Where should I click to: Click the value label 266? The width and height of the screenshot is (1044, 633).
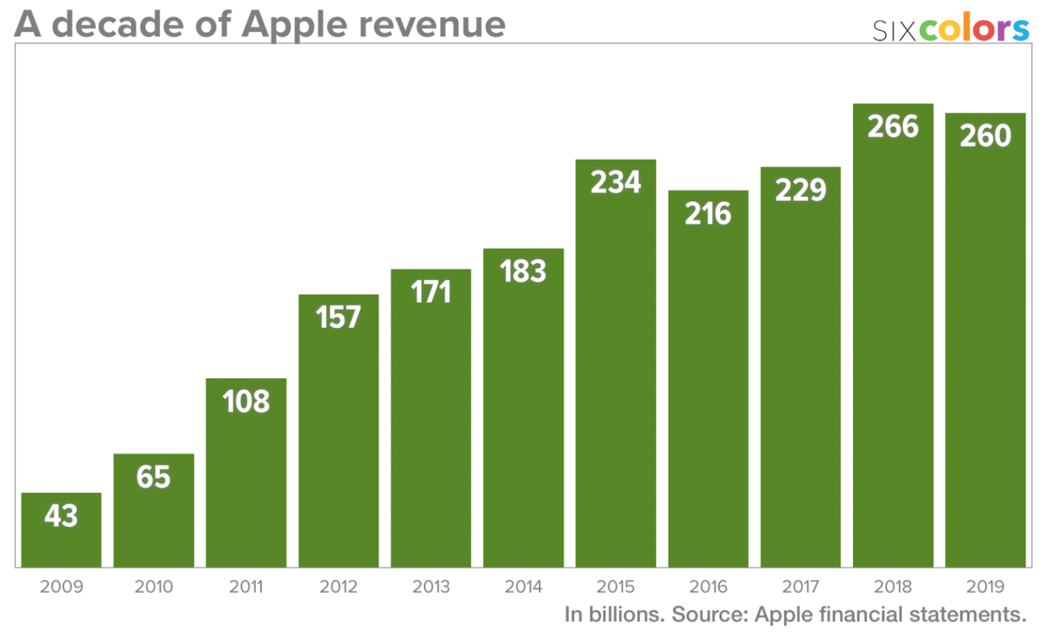(x=893, y=127)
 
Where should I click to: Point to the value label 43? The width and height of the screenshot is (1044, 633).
(x=61, y=516)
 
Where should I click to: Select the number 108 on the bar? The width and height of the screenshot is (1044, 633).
(x=246, y=401)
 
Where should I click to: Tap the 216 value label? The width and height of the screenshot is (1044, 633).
(x=708, y=213)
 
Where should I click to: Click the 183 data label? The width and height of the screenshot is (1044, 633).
(x=523, y=271)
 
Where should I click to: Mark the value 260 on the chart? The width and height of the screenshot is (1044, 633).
(x=986, y=135)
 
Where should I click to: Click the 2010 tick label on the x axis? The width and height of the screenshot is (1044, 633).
(x=154, y=587)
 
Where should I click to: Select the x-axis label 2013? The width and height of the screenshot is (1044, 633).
(x=431, y=587)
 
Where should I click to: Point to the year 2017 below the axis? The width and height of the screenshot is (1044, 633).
(x=801, y=587)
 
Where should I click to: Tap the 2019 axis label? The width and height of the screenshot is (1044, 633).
(x=986, y=587)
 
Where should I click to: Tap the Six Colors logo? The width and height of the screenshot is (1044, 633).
(x=951, y=29)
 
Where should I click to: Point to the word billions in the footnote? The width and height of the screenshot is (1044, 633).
(x=624, y=614)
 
